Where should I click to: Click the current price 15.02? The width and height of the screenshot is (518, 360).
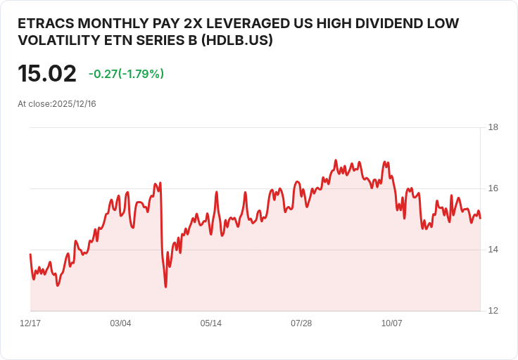pos(46,74)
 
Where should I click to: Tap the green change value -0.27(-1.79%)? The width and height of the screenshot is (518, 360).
pos(126,74)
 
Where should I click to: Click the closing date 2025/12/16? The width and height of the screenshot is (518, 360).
pos(74,104)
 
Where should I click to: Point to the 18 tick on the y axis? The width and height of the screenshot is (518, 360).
pos(493,127)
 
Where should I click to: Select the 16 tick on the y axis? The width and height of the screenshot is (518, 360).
pos(493,188)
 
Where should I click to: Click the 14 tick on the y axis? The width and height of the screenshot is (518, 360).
pos(493,250)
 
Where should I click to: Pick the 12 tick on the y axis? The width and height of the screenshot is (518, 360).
pos(493,311)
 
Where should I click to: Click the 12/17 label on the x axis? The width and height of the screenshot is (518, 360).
pos(30,323)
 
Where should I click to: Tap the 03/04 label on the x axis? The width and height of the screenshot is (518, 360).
pos(120,323)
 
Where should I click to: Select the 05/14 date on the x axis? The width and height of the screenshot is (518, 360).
pos(210,323)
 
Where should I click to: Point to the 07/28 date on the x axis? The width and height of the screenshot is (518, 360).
pos(301,323)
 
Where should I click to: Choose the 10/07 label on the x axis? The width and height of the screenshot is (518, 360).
pos(391,323)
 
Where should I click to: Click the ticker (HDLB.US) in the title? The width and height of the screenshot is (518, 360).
pos(237,41)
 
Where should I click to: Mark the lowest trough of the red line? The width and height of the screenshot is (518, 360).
pos(165,286)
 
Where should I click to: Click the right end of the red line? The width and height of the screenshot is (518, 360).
pos(481,218)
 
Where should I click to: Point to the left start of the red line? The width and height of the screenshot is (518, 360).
pos(30,255)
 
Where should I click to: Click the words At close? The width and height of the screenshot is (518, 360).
pos(33,104)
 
